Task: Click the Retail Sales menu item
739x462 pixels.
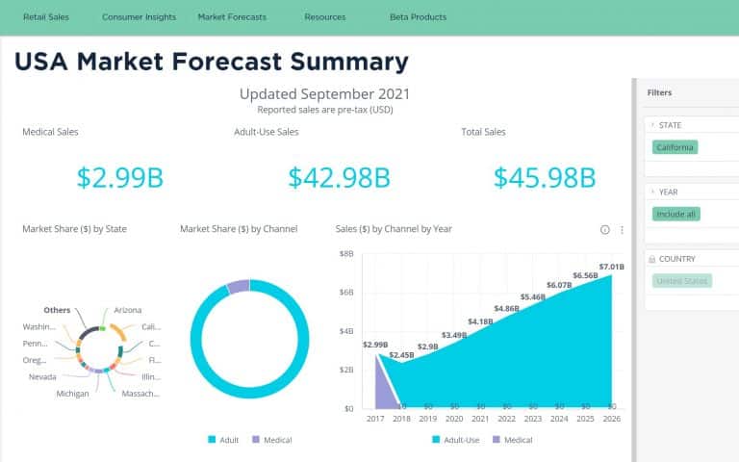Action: pos(46,17)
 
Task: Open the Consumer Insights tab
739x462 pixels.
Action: pos(139,17)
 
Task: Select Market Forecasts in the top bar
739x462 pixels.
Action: pos(232,17)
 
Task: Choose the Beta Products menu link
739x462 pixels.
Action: pos(418,17)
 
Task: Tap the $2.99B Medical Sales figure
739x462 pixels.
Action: pos(120,177)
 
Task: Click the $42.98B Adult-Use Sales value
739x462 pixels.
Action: pos(339,177)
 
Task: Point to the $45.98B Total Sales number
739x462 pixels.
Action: pos(545,177)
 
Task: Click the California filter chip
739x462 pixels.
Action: pos(675,147)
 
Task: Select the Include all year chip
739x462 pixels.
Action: pos(675,214)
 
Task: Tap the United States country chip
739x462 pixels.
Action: pos(681,281)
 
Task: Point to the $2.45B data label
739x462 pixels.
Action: pos(401,355)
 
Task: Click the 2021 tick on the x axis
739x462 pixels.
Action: pos(478,420)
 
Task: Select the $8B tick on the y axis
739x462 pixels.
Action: pos(346,253)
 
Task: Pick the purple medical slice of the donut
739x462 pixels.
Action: pos(239,287)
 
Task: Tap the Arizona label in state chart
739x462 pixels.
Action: pos(127,310)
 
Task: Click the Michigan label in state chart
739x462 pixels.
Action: pos(72,394)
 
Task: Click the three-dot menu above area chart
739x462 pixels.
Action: pos(622,230)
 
